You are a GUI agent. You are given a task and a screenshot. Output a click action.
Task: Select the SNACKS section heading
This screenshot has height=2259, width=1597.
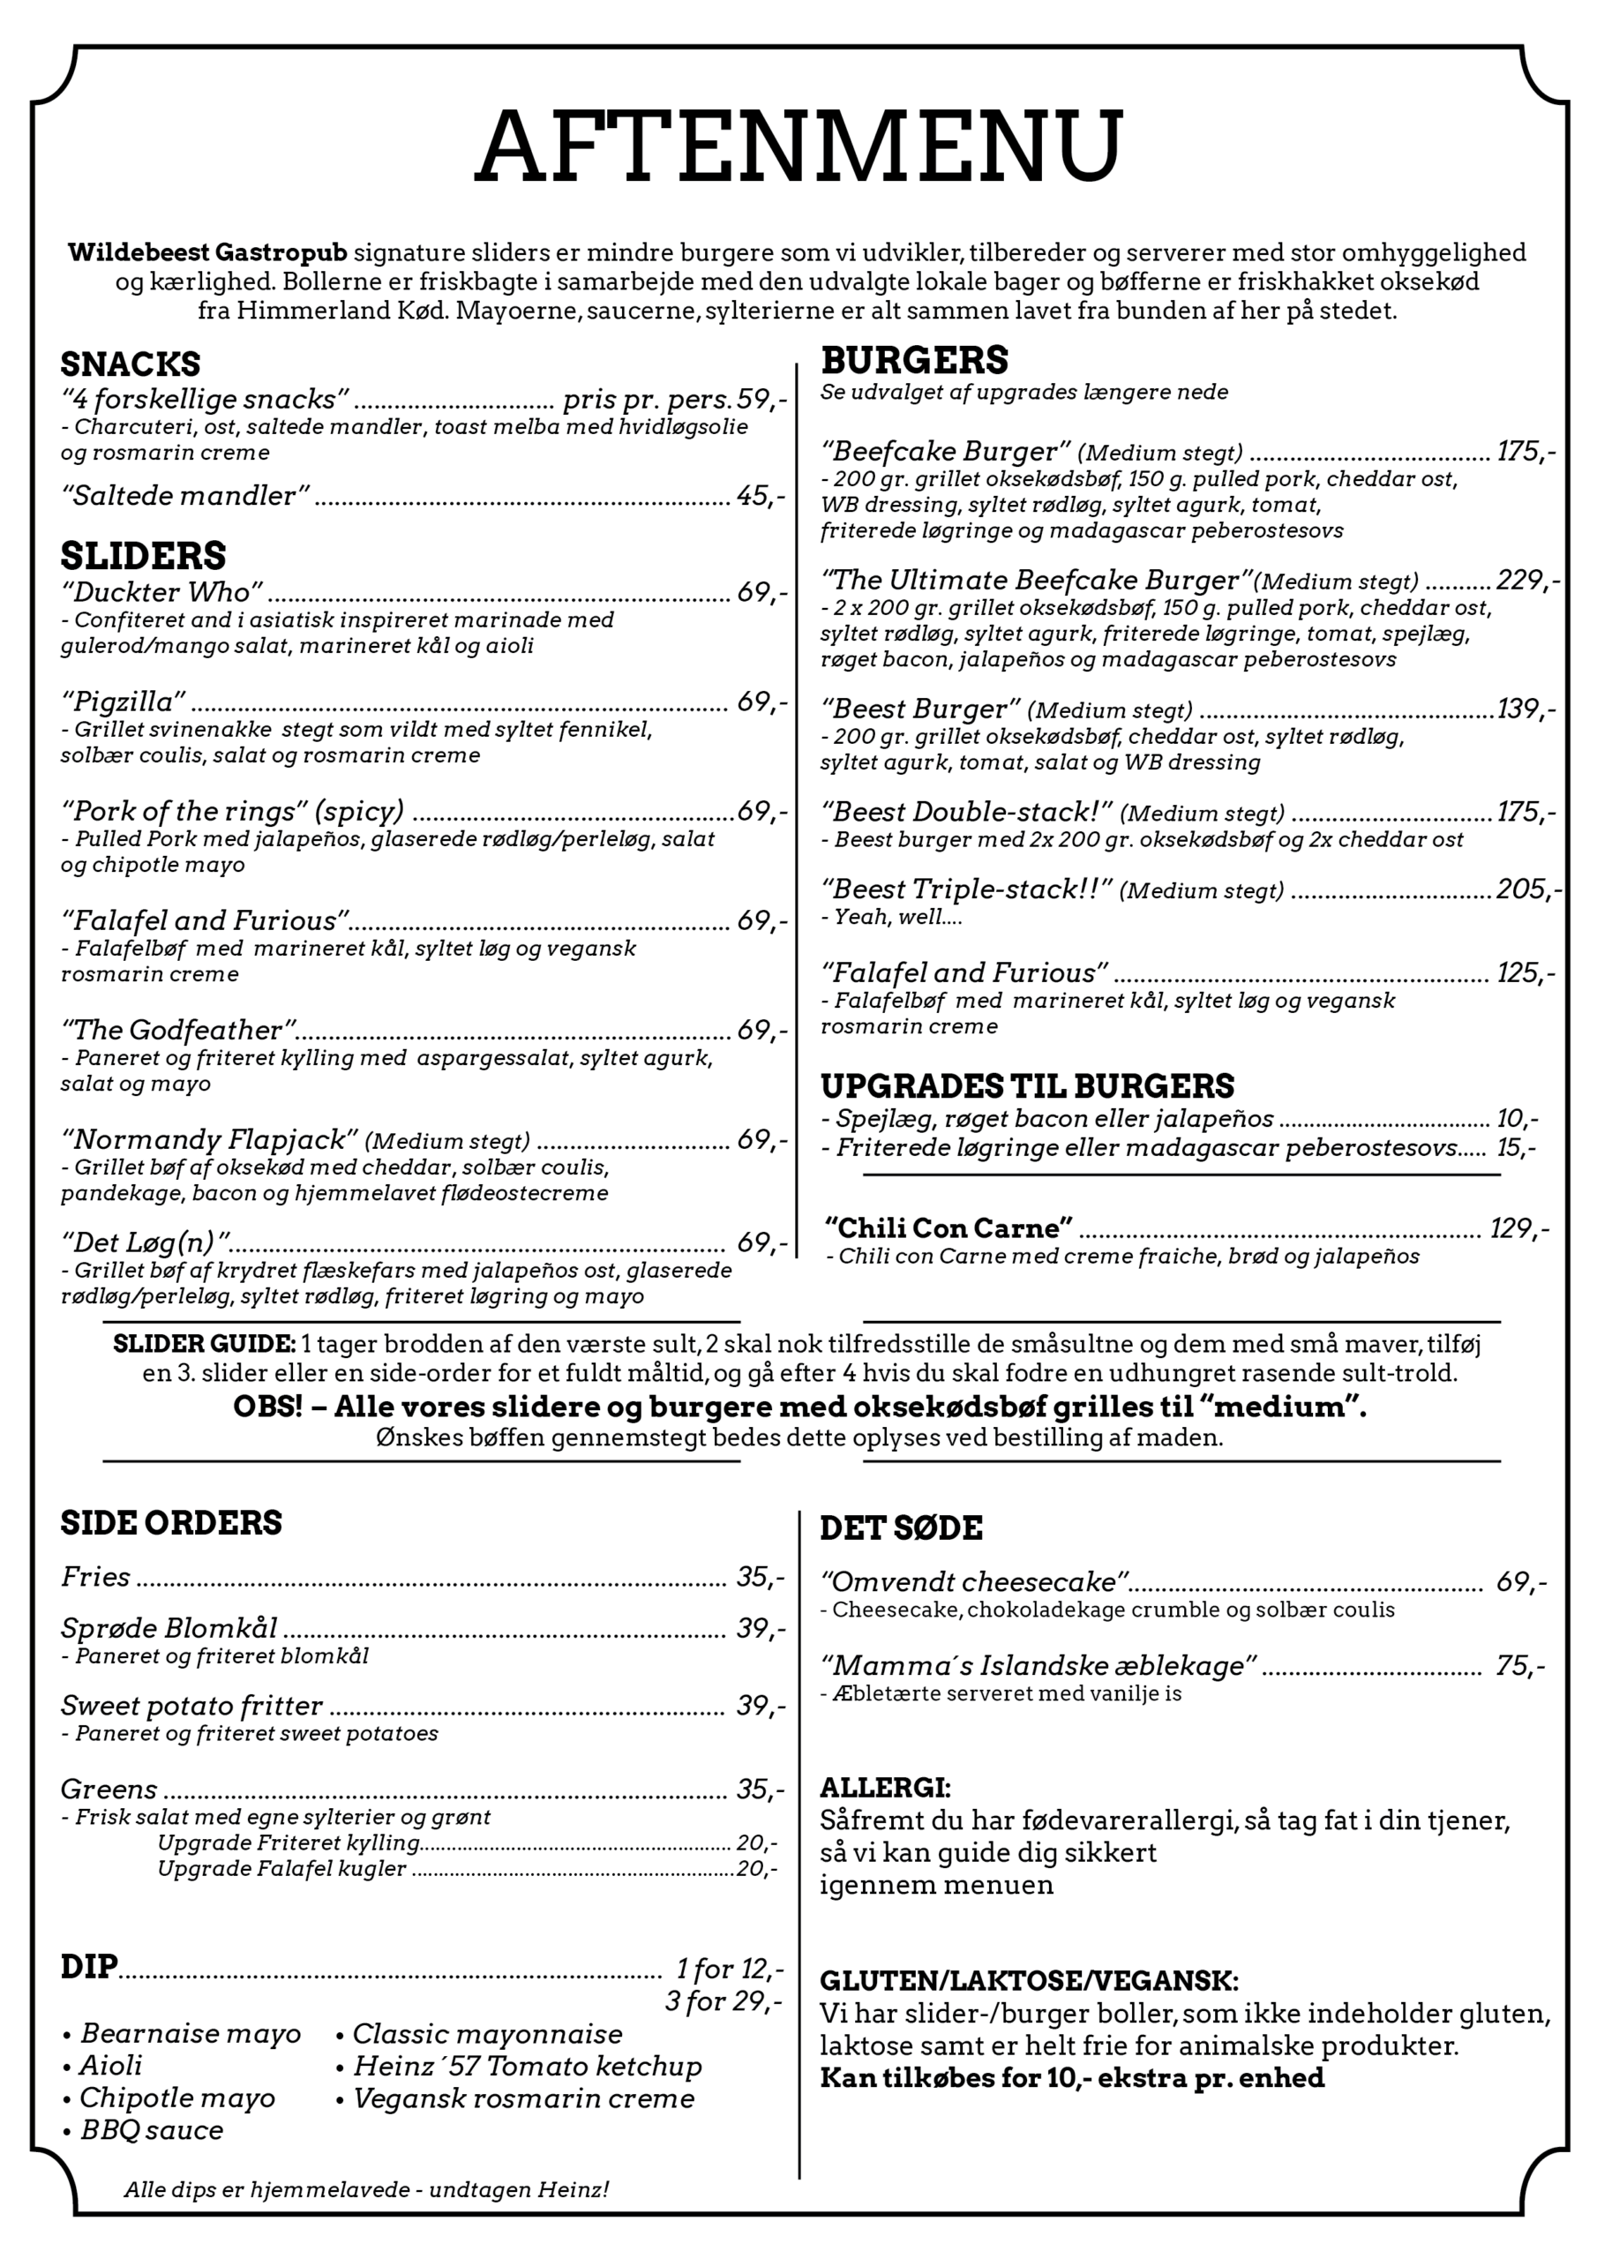(x=130, y=365)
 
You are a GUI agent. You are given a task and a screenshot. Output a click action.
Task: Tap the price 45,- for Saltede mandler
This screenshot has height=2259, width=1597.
(x=761, y=496)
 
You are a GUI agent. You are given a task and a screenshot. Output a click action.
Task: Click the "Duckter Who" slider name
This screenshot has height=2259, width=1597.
(x=162, y=592)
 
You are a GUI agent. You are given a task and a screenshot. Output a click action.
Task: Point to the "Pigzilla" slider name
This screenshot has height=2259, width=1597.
(x=123, y=702)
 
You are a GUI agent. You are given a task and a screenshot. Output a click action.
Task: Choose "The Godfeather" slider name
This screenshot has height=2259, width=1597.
(x=179, y=1030)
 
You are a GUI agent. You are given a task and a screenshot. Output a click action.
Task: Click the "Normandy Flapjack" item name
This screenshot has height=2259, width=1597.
(x=208, y=1139)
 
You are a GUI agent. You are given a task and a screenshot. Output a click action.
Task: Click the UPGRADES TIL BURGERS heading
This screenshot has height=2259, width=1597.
(x=1026, y=1086)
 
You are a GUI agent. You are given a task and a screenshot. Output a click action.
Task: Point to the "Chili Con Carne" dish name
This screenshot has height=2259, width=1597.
(x=948, y=1227)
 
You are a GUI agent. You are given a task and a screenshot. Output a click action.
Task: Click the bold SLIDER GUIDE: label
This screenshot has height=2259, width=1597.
(x=204, y=1344)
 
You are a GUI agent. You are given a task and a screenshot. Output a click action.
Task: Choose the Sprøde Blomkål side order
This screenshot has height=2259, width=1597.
(x=169, y=1628)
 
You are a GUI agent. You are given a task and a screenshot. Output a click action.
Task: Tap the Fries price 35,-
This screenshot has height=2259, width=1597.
(x=761, y=1577)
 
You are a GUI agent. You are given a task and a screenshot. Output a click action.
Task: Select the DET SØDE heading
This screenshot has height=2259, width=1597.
(x=900, y=1528)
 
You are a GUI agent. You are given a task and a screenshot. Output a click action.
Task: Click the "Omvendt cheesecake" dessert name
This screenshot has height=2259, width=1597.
(x=974, y=1582)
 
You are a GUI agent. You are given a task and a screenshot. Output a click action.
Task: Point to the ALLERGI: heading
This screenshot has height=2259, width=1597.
(x=885, y=1788)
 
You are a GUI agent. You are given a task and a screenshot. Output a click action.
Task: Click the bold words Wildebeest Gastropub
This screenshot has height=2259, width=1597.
(x=207, y=253)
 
